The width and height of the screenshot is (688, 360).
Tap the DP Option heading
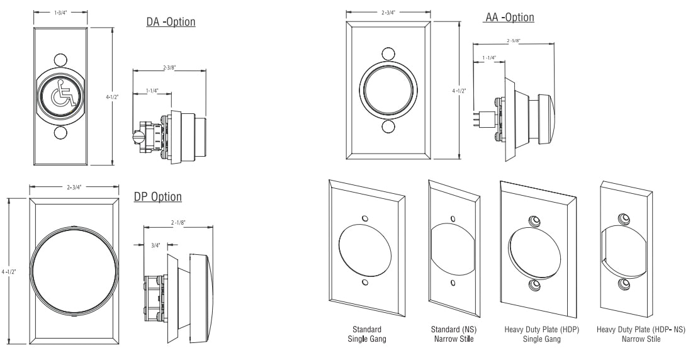click(158, 197)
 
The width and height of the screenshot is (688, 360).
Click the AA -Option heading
click(509, 17)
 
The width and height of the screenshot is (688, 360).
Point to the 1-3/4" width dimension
click(60, 12)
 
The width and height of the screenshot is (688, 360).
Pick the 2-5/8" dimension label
click(513, 41)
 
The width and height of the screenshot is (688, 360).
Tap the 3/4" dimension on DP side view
click(155, 245)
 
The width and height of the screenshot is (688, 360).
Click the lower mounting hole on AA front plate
click(388, 128)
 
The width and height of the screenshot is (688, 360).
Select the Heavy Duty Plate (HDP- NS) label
click(641, 334)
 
